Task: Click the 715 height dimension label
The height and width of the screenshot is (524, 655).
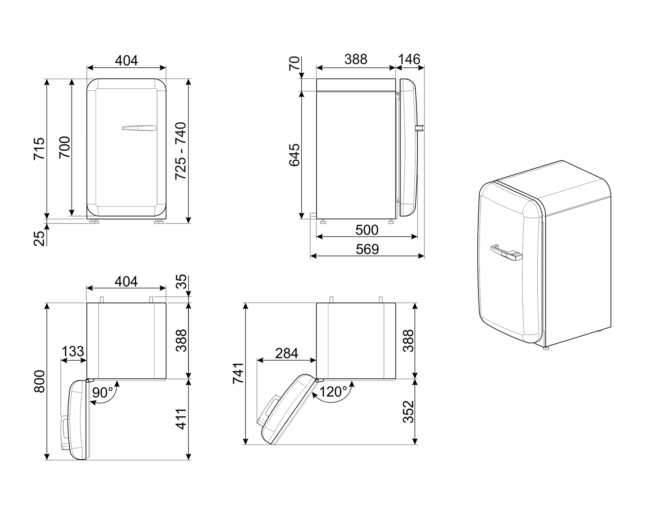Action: [39, 148]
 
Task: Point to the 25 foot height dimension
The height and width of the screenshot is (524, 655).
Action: [40, 238]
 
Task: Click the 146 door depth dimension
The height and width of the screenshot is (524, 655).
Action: [409, 59]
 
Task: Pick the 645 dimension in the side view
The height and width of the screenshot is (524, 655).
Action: [294, 155]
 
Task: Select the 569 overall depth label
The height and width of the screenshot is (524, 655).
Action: [367, 249]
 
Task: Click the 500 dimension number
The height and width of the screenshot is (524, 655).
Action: [367, 230]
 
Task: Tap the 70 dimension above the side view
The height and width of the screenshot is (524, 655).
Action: [295, 64]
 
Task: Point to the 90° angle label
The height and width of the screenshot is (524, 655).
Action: [103, 393]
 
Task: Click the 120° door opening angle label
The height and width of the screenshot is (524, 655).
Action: [333, 392]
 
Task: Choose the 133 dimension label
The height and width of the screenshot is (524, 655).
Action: [73, 352]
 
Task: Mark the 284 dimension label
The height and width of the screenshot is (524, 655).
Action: [286, 353]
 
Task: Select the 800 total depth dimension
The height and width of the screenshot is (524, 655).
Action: [39, 381]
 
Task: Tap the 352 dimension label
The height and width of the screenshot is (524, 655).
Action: [408, 412]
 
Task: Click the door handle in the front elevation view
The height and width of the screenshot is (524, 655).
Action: [139, 128]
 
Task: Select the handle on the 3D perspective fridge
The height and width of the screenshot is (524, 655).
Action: [506, 252]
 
